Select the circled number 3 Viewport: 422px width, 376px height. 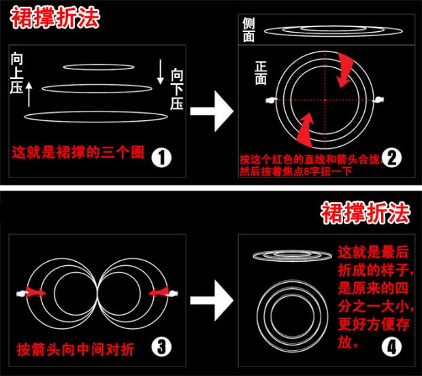(161, 348)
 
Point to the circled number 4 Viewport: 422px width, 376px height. (391, 349)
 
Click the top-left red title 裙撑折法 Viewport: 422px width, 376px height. (54, 18)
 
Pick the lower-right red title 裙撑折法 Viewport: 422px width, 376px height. (366, 213)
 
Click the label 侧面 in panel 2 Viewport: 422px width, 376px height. (249, 29)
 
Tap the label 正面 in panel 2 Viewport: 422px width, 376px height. (261, 73)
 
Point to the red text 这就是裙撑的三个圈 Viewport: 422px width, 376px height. (79, 151)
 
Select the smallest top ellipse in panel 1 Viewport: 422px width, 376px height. (99, 67)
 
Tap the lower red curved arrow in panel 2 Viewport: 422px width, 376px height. (306, 126)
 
